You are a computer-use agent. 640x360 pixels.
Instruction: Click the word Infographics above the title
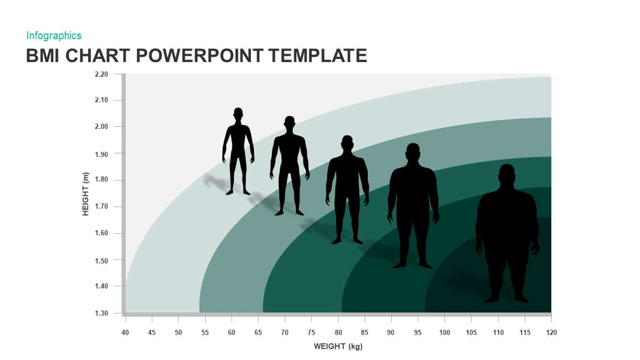coord(54,35)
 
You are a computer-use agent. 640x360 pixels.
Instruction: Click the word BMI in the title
coord(43,55)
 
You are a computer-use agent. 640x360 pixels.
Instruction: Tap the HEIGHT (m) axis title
coord(86,194)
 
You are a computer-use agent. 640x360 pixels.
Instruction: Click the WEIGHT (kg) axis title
coord(338,346)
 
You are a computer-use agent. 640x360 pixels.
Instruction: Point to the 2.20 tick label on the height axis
coord(101,74)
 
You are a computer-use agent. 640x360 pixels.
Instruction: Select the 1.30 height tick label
coord(101,313)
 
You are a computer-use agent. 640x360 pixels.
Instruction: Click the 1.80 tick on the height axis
coord(101,179)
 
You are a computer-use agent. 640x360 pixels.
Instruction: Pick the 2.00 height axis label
coord(101,126)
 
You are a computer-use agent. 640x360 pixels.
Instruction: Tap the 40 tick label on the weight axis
coord(125,332)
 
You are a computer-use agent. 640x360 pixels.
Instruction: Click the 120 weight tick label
coord(551,332)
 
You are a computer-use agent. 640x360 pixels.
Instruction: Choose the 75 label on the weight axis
coord(311,332)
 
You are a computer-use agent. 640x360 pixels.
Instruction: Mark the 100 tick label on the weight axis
coord(444,332)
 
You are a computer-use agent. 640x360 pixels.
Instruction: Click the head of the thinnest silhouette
coord(238,113)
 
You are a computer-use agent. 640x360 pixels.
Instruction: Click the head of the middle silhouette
coord(347,142)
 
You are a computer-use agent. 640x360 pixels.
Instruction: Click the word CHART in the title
coord(98,55)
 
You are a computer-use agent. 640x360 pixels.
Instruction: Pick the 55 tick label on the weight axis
coord(205,332)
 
